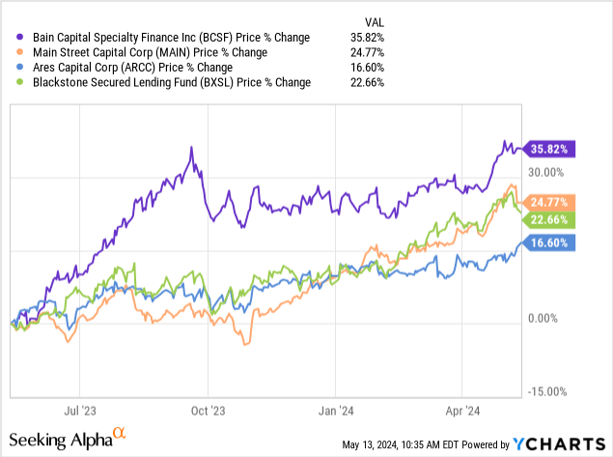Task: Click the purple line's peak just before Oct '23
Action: [192, 148]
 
